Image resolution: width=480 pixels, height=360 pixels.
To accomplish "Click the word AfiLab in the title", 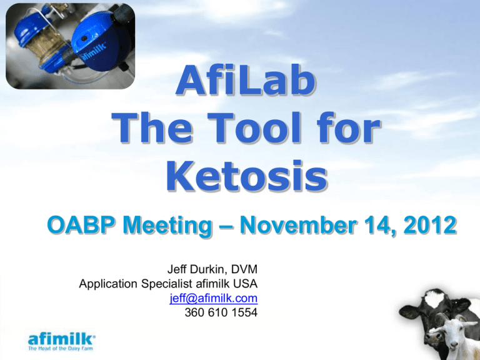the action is tap(246, 80).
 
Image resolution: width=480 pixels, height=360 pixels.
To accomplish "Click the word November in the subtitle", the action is tap(298, 225).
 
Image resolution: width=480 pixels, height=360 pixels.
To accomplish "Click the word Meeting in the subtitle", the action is tap(167, 226).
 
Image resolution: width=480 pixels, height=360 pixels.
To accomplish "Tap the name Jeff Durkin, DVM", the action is tap(212, 269).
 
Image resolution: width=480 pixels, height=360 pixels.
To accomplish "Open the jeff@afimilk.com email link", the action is tap(213, 299).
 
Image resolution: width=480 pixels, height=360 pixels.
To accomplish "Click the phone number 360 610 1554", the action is tap(221, 312).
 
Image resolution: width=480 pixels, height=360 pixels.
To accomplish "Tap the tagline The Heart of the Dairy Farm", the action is tap(60, 349).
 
